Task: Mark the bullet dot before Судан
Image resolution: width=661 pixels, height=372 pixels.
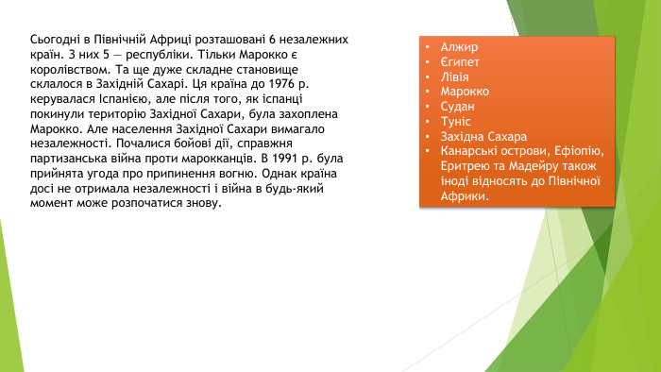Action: point(427,107)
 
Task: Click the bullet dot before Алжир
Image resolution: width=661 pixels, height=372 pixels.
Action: point(427,47)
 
